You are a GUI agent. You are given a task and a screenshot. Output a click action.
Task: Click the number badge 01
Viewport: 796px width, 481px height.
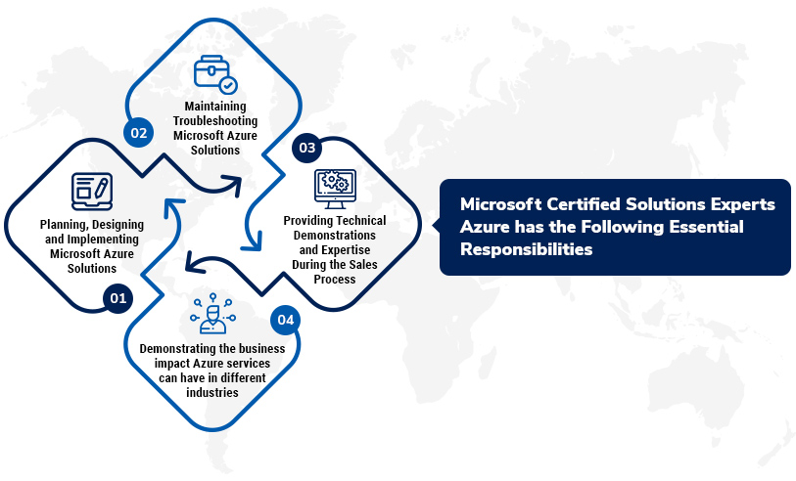(117, 298)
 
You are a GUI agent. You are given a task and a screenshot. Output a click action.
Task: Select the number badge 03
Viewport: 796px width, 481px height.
(306, 148)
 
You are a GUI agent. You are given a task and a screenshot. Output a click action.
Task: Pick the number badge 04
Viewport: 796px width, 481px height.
(285, 320)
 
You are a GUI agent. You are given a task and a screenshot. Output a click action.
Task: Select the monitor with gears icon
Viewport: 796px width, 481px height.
(334, 187)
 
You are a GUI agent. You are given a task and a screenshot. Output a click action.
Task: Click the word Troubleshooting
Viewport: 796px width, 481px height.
(214, 121)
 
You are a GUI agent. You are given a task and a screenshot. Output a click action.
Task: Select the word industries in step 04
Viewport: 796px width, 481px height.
(212, 393)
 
